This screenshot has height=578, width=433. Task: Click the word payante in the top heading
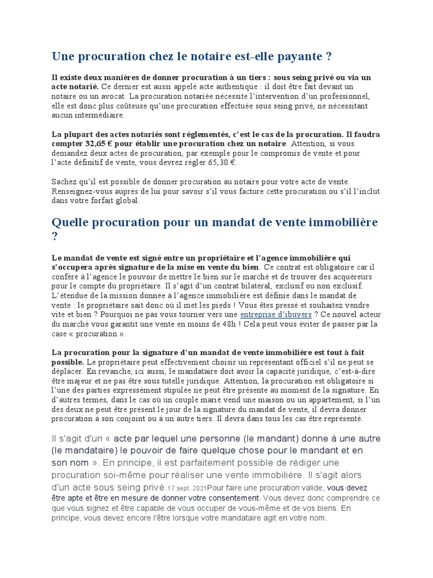point(299,57)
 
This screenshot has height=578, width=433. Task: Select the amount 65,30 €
point(222,163)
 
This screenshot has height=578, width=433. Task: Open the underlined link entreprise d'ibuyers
point(276,314)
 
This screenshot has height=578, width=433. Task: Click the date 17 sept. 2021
point(187,488)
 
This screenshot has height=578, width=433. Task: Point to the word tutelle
point(170,380)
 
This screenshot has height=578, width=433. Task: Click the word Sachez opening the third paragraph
point(66,182)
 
